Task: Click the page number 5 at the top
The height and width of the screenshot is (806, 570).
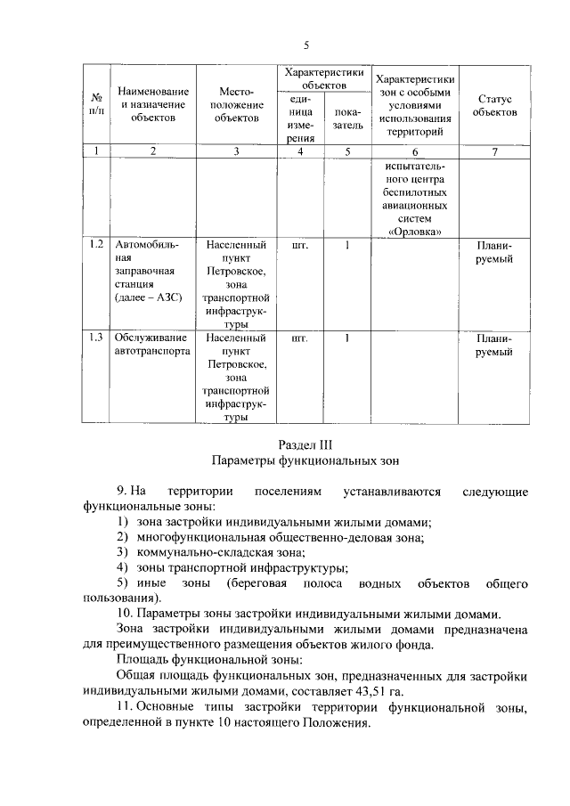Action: (x=306, y=45)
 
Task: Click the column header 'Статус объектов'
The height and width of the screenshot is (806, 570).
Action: (x=494, y=106)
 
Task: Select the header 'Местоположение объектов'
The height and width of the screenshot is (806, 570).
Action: (x=236, y=104)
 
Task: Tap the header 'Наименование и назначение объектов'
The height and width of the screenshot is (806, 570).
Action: (x=152, y=104)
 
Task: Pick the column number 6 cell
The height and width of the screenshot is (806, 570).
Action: (x=415, y=151)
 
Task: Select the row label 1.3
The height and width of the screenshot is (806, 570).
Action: (x=96, y=338)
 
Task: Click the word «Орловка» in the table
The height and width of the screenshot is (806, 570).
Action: (x=416, y=231)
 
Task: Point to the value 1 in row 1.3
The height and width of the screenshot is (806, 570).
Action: (x=346, y=338)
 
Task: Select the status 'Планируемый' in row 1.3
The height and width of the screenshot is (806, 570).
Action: (x=494, y=345)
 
